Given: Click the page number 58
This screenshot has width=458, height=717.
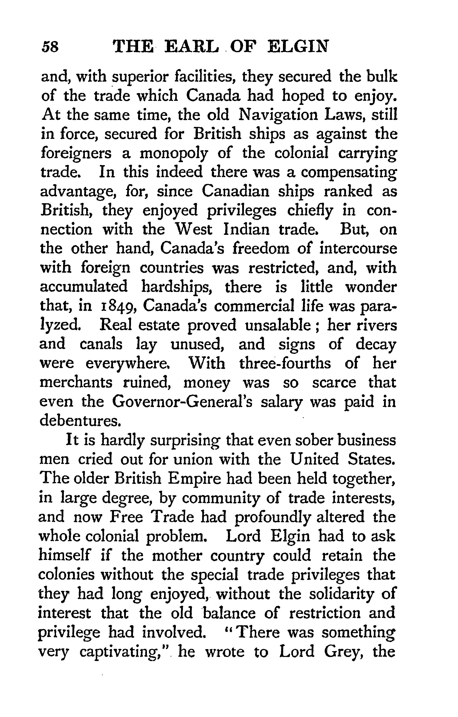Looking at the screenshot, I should pyautogui.click(x=50, y=47).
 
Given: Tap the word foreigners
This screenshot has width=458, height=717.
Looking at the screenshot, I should pyautogui.click(x=76, y=154).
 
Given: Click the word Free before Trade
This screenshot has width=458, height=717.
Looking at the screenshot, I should pyautogui.click(x=126, y=517).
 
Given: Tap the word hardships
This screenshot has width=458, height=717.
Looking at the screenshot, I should pyautogui.click(x=176, y=287).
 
